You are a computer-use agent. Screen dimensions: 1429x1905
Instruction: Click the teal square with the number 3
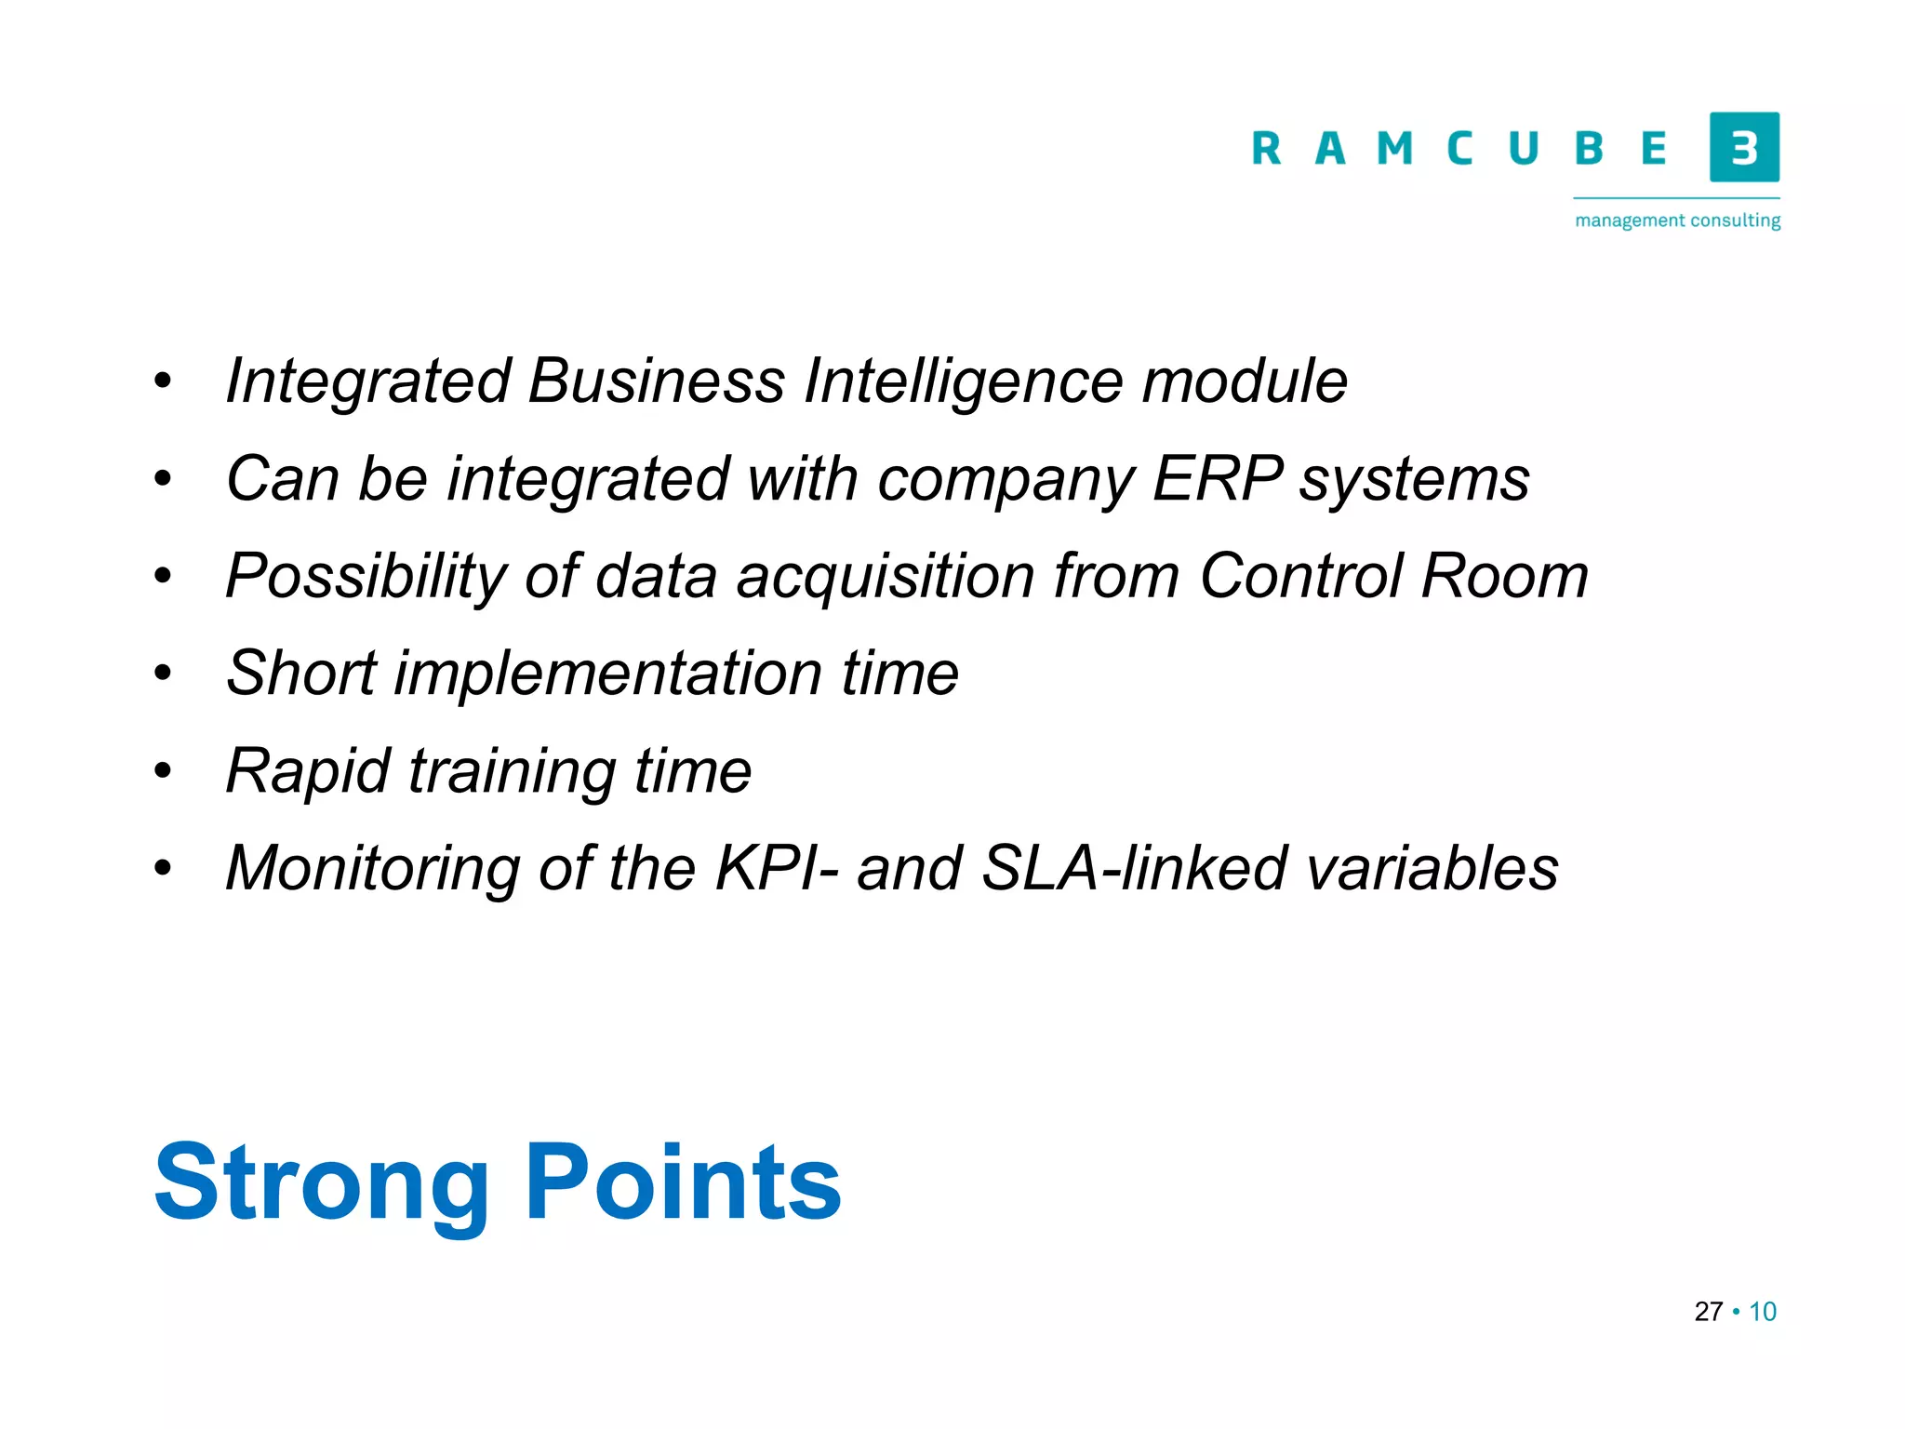click(1744, 147)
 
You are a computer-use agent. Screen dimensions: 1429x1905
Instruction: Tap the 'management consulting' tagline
click(1677, 220)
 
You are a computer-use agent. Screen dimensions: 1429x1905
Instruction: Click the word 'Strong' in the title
click(321, 1183)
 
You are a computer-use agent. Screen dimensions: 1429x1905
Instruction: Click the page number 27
click(1709, 1312)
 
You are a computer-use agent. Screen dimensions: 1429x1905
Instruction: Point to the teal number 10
click(1763, 1312)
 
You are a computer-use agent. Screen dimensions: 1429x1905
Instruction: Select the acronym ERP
click(1218, 479)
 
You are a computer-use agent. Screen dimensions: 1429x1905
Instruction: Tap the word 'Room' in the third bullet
click(1505, 576)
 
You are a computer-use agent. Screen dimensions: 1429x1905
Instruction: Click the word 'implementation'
click(608, 674)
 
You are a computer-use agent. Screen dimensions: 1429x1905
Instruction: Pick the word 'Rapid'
click(308, 772)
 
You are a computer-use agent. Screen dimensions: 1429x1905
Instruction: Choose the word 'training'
click(512, 772)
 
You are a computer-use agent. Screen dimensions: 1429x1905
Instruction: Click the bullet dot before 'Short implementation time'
click(164, 673)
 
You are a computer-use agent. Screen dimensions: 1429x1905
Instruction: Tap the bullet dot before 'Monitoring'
click(164, 868)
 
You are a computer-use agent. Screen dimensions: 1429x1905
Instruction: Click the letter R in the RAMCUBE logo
click(1266, 149)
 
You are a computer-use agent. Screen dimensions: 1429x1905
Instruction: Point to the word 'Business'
click(657, 381)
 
